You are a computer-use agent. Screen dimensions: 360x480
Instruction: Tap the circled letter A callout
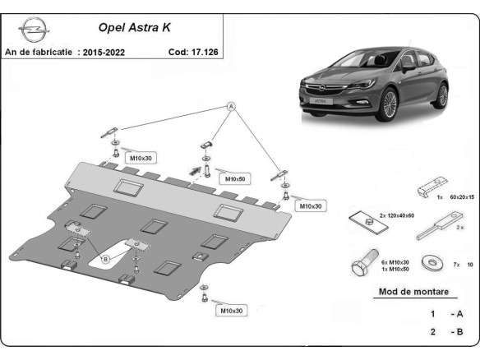tap(232, 106)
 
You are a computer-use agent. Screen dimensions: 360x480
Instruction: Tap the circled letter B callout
tap(104, 260)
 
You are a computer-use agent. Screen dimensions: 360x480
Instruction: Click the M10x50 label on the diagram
tap(236, 178)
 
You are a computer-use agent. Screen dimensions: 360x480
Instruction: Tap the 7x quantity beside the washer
tap(457, 265)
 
